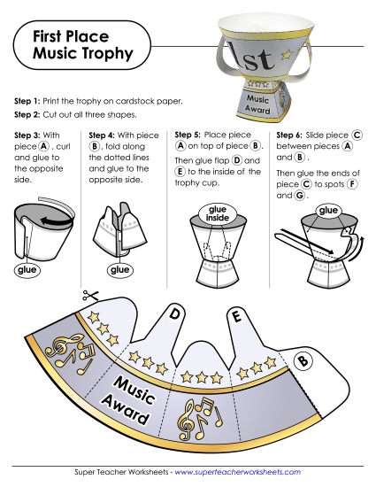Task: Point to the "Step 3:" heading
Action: (33, 135)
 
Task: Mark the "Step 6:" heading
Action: (293, 135)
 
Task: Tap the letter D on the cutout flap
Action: (175, 313)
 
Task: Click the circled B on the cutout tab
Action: (302, 360)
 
